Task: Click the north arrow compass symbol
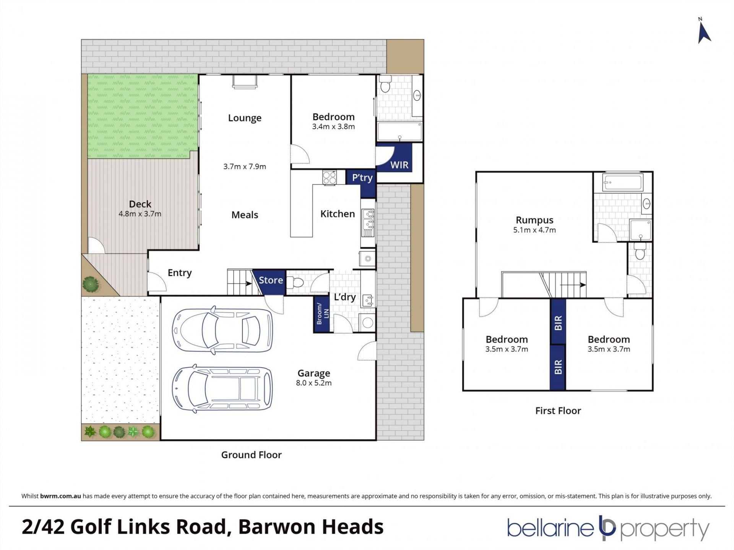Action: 704,33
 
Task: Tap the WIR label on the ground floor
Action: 399,165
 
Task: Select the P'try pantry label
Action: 362,178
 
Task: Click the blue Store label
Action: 271,280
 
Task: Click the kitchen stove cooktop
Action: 329,177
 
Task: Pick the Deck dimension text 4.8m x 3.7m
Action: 140,214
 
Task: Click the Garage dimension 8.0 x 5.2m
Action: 313,383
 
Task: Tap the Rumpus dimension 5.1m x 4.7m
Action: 534,230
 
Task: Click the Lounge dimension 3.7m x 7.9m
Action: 245,167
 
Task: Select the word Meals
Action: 245,215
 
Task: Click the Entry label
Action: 180,273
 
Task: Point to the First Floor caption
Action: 558,411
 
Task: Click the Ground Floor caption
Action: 251,455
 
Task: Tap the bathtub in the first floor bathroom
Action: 622,183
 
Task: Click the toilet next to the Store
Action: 296,283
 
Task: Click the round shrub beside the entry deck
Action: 91,284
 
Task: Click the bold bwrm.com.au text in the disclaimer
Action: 60,496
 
